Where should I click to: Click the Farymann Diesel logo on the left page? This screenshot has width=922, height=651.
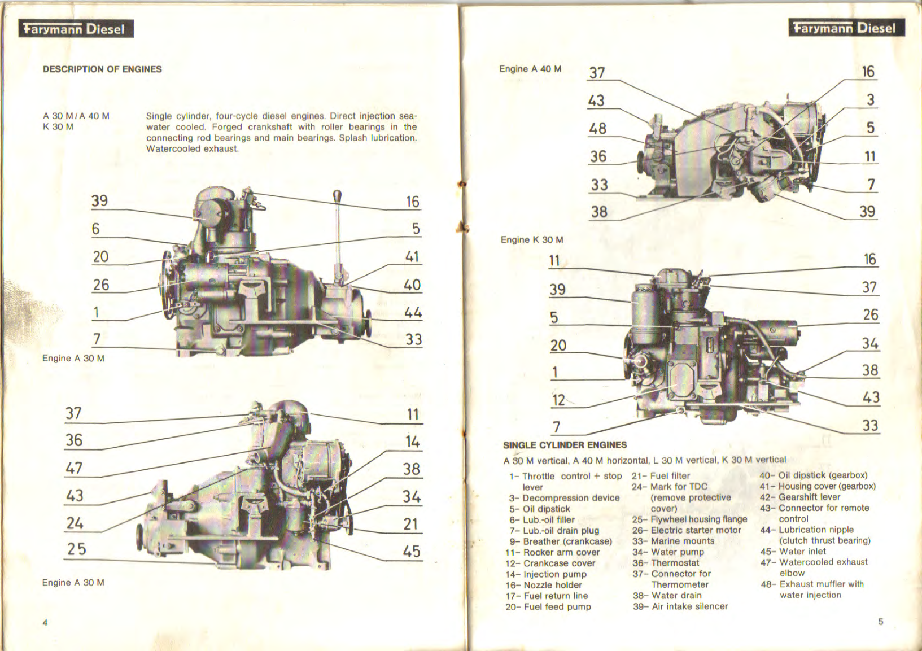click(x=76, y=29)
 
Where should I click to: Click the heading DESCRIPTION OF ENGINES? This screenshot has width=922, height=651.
click(x=102, y=69)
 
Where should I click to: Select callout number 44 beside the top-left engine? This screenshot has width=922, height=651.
click(x=413, y=312)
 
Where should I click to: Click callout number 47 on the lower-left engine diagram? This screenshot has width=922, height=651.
click(x=74, y=468)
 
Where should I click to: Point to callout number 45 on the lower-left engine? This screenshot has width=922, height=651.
click(x=412, y=551)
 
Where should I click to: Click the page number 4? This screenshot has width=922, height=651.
click(x=45, y=623)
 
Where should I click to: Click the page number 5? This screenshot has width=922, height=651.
click(x=880, y=622)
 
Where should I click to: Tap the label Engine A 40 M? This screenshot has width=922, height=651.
click(x=530, y=69)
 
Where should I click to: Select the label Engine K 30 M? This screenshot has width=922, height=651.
click(x=531, y=239)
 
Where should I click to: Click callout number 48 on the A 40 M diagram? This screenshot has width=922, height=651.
click(x=597, y=129)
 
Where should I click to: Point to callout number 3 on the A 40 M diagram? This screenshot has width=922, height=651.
click(x=870, y=100)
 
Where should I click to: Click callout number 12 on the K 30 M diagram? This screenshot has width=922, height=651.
click(x=558, y=400)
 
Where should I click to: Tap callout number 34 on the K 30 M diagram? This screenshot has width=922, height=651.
click(x=869, y=343)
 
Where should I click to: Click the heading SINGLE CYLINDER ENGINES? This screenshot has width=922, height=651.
click(x=565, y=445)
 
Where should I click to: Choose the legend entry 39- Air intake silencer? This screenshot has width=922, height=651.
click(x=680, y=606)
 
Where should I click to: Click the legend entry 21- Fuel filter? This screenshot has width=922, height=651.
click(x=661, y=476)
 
